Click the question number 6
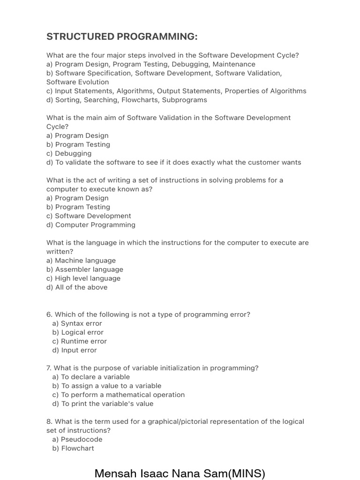click(x=49, y=315)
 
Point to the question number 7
click(x=49, y=368)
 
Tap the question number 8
click(x=49, y=422)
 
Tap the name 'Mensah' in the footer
click(x=115, y=473)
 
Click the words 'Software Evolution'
click(x=78, y=82)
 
